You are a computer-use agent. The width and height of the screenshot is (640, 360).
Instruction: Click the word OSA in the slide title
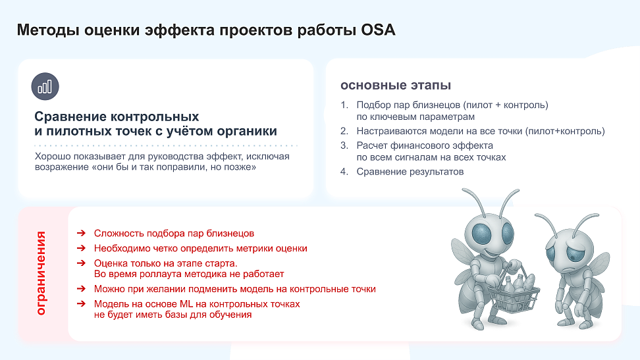[378, 30]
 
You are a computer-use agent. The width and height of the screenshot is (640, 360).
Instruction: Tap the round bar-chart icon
[45, 86]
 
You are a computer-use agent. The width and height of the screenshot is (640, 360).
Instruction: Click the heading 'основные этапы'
[396, 86]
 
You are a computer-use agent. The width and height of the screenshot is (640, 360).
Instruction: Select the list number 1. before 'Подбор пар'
[344, 105]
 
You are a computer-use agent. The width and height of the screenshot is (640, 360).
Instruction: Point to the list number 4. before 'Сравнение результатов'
[344, 171]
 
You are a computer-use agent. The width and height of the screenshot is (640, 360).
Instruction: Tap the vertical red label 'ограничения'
[41, 273]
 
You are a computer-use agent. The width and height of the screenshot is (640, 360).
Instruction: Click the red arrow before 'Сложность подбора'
[81, 233]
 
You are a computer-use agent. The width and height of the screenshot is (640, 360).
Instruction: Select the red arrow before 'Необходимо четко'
[81, 248]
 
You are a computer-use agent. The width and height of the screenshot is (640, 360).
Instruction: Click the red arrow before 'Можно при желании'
[81, 288]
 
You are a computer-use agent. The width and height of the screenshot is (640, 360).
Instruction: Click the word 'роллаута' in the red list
[161, 274]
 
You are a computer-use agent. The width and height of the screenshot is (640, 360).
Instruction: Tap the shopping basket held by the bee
[514, 290]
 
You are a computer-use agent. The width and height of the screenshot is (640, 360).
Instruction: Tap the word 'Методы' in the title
[48, 30]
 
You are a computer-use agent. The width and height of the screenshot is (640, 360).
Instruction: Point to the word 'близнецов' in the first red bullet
[230, 233]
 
